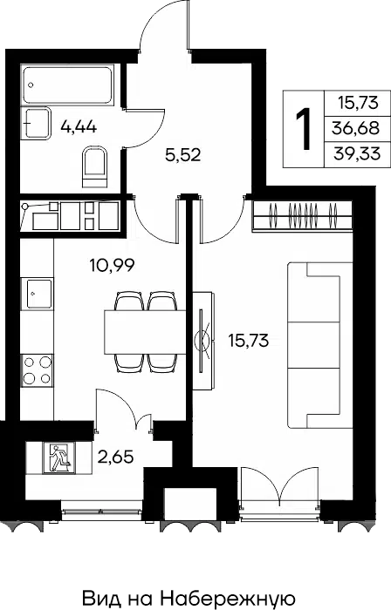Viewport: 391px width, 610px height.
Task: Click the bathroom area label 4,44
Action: tap(79, 127)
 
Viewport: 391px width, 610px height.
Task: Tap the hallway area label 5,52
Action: tap(183, 155)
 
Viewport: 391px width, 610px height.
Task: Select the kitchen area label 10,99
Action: tap(113, 266)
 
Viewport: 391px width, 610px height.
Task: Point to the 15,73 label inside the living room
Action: tap(249, 341)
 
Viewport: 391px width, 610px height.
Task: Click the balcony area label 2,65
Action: tap(116, 457)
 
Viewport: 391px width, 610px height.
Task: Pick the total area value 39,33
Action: tap(357, 154)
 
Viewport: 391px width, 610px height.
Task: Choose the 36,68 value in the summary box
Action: tap(355, 127)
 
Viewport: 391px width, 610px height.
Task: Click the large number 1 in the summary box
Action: tap(304, 129)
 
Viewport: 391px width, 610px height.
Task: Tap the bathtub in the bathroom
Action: tap(68, 85)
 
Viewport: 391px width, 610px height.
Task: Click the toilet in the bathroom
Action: tap(95, 167)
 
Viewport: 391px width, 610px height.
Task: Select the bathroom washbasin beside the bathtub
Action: tap(37, 123)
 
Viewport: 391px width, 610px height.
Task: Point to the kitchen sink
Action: tap(37, 294)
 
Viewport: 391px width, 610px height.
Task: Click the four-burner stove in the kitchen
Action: tap(37, 370)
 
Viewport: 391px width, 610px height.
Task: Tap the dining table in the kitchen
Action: tap(145, 332)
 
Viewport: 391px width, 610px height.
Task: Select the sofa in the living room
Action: tap(320, 345)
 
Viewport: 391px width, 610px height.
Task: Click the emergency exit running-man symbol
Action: tap(59, 457)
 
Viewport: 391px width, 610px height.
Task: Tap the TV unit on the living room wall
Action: tap(203, 341)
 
